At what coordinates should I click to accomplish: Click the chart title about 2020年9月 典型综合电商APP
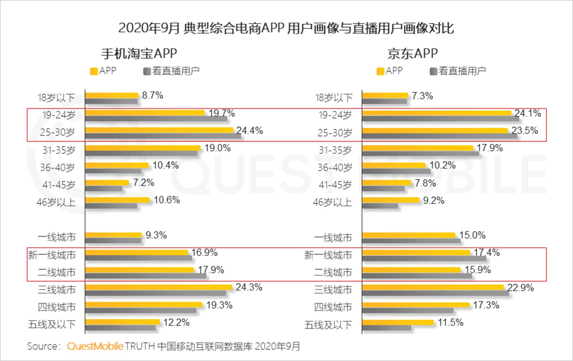(286, 28)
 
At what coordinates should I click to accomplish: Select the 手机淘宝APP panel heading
(139, 54)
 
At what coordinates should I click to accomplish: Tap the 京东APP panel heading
(412, 54)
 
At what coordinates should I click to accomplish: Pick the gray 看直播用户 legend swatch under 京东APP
(433, 71)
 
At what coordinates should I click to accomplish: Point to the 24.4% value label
(249, 131)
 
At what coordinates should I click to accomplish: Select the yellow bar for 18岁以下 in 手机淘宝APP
(112, 96)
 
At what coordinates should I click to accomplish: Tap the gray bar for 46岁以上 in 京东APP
(380, 206)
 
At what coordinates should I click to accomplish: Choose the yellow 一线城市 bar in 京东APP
(409, 235)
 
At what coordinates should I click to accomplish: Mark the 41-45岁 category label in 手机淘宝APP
(59, 185)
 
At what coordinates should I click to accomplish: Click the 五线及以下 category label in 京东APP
(328, 325)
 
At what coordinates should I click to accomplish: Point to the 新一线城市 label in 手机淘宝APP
(52, 255)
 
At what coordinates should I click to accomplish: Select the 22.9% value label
(521, 288)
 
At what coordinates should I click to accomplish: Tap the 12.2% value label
(177, 322)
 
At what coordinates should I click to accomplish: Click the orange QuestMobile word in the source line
(95, 346)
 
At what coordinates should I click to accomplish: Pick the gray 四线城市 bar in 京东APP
(408, 311)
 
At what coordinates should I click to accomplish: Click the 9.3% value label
(156, 235)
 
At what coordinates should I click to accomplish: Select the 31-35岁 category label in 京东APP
(335, 150)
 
